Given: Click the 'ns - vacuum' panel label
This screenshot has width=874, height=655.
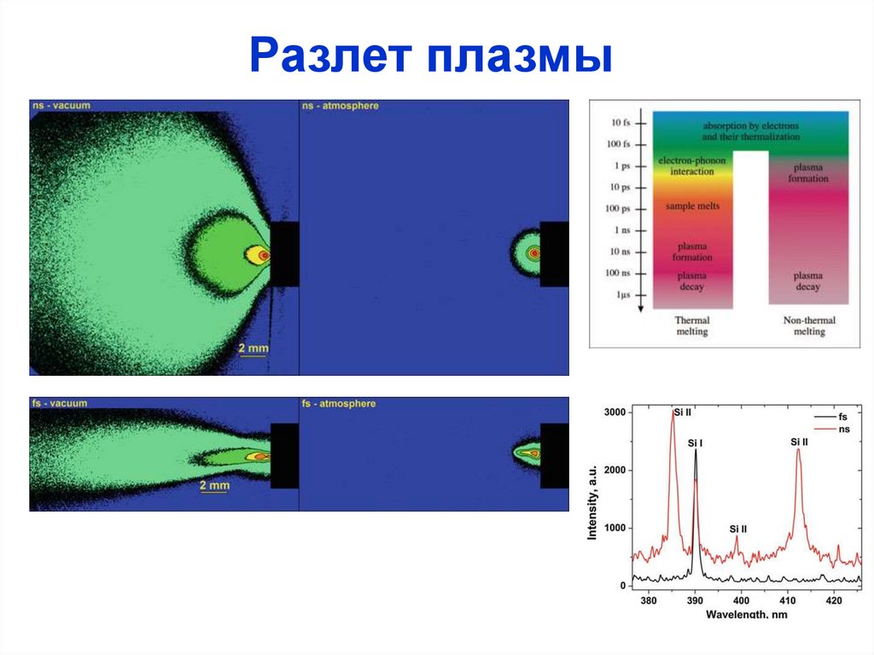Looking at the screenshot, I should (61, 106).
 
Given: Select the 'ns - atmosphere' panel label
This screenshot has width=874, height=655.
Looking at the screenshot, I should (340, 106).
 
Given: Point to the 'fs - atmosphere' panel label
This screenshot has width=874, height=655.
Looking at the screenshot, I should (339, 403).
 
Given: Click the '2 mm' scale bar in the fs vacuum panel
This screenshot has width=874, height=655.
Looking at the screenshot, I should (214, 487).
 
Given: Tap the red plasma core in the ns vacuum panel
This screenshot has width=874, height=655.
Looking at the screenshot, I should (264, 254).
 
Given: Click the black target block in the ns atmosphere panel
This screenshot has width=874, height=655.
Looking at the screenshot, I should (554, 254).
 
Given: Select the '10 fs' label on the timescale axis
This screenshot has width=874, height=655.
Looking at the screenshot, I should (620, 123).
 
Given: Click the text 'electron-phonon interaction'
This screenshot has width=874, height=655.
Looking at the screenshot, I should (691, 166).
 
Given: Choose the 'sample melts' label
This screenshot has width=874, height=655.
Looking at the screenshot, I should (692, 207).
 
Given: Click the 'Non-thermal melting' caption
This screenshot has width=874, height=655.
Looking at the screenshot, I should (809, 326).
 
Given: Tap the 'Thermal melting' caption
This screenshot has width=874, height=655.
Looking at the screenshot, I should (692, 326).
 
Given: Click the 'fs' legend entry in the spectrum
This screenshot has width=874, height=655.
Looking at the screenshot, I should (842, 416).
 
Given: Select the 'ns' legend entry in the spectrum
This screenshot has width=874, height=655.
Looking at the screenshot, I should (843, 430).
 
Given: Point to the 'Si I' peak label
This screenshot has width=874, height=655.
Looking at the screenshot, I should (695, 443).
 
